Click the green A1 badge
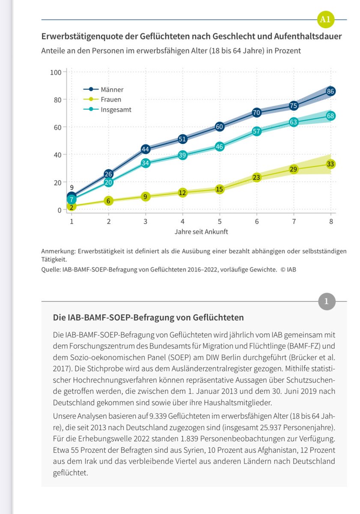(x=325, y=20)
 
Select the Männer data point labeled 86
(x=330, y=91)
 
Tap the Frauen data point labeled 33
(x=330, y=164)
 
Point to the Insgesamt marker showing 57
(x=256, y=131)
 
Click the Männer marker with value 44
(x=146, y=149)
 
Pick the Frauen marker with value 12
(x=182, y=193)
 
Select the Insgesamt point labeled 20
(x=108, y=182)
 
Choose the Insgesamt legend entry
(x=107, y=110)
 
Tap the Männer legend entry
(x=104, y=90)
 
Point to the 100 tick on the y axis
(x=56, y=72)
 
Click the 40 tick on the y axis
(x=57, y=155)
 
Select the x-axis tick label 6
(x=256, y=221)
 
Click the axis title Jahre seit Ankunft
(x=201, y=232)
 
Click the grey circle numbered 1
(x=327, y=301)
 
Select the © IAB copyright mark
(x=288, y=269)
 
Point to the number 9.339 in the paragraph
(x=158, y=416)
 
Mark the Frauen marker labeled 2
(x=71, y=207)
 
